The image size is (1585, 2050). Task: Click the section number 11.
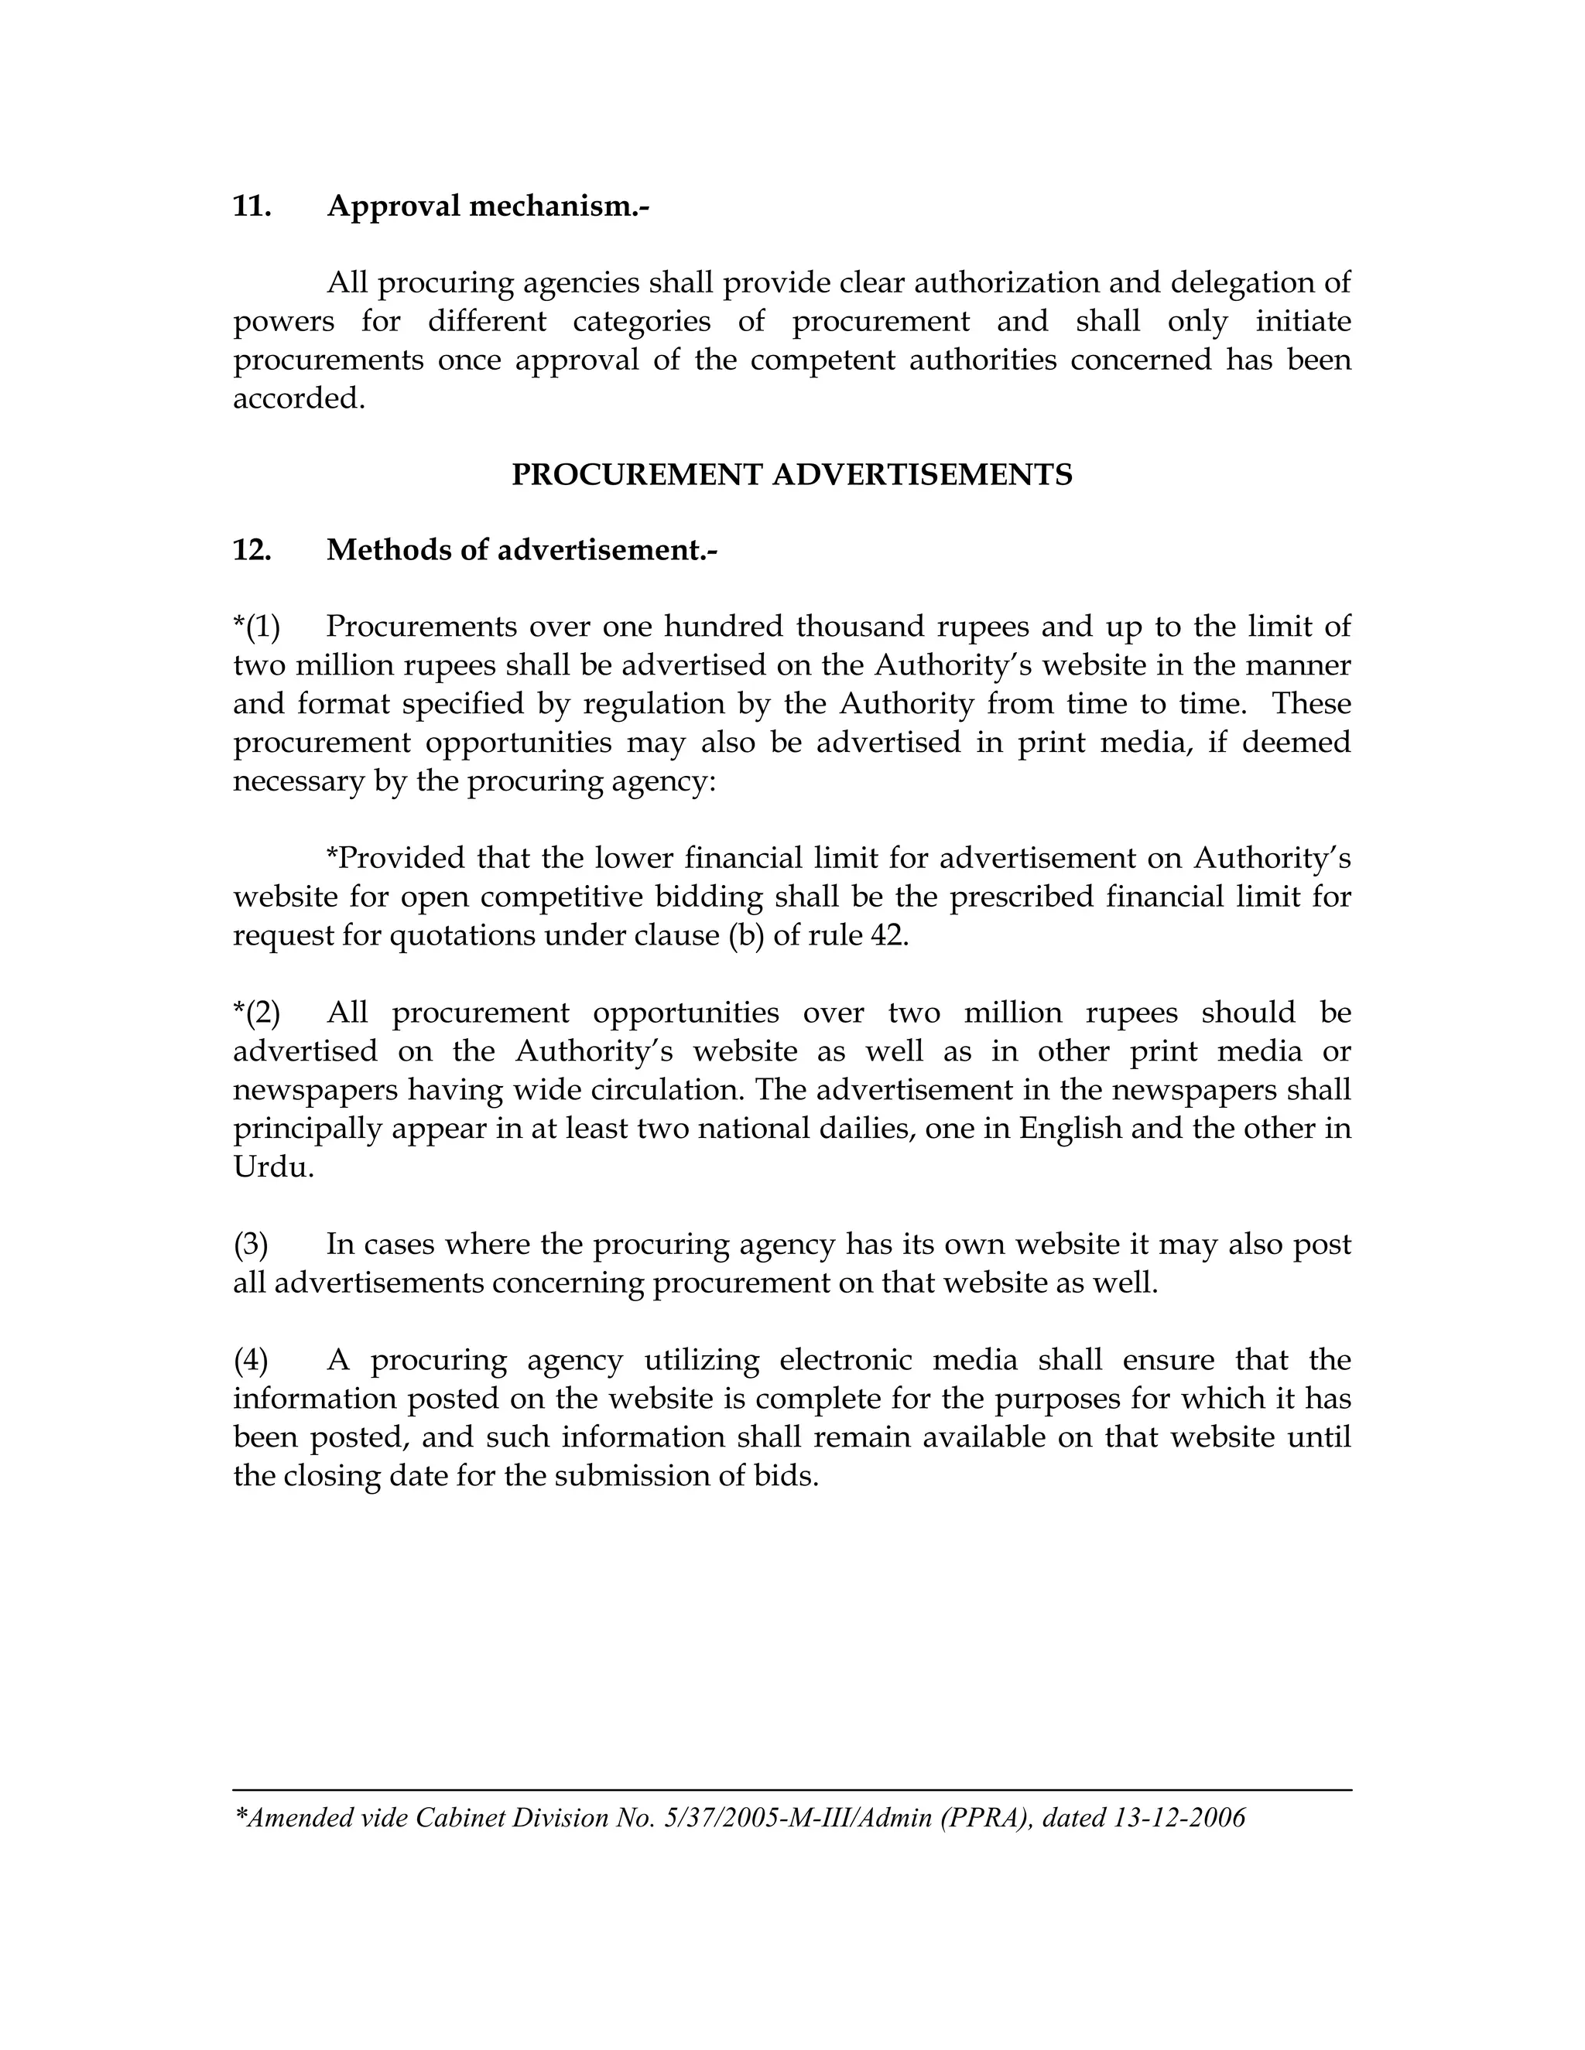tap(252, 207)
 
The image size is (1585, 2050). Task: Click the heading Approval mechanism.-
tap(488, 207)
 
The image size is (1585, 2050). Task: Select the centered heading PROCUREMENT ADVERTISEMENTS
tap(792, 475)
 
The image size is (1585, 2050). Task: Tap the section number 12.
tap(252, 550)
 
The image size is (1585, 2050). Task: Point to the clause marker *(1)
tap(256, 626)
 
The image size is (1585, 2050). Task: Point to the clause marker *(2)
tap(256, 1013)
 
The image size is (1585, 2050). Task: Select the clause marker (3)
tap(251, 1245)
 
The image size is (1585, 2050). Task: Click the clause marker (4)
tap(251, 1360)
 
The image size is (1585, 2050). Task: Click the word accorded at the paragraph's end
tap(298, 399)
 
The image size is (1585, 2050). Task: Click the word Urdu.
tap(272, 1167)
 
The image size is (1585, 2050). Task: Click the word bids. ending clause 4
tap(787, 1477)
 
